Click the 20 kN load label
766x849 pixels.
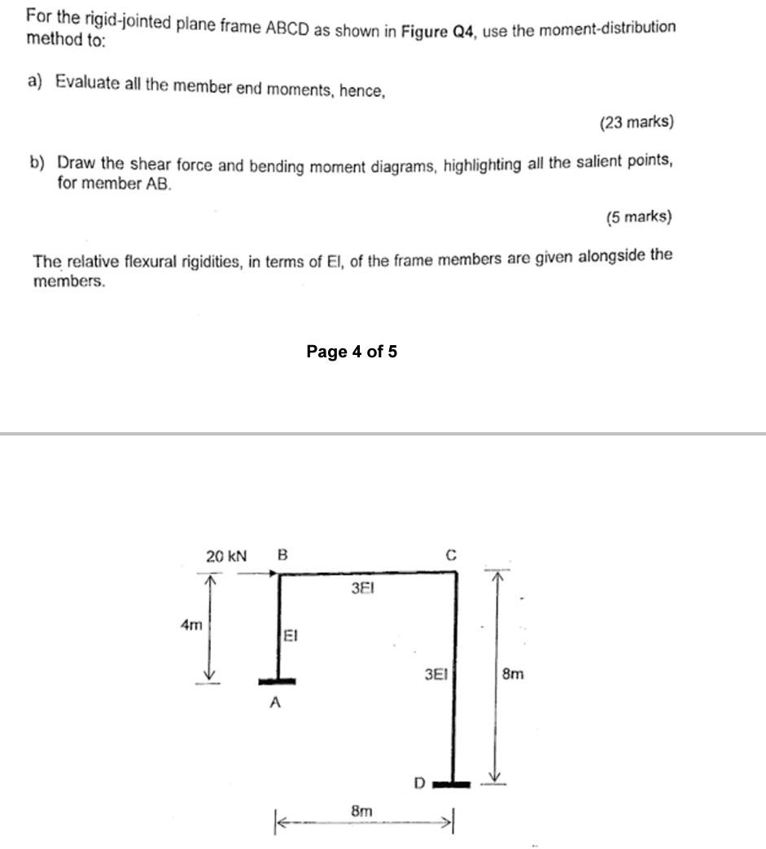point(225,557)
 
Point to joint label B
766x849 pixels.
point(282,556)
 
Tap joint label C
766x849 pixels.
point(451,556)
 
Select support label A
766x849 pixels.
point(275,703)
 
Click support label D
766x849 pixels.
point(419,783)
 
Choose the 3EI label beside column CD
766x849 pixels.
point(436,674)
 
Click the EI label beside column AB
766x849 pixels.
point(291,637)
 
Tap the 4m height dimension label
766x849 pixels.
point(190,625)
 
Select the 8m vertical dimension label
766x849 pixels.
point(513,674)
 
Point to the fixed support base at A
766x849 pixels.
point(277,681)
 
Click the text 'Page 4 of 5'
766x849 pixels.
point(352,352)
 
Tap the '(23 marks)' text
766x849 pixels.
point(636,123)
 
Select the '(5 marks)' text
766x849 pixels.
point(639,217)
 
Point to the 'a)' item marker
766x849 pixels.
point(35,81)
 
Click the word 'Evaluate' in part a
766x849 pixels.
point(87,83)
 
